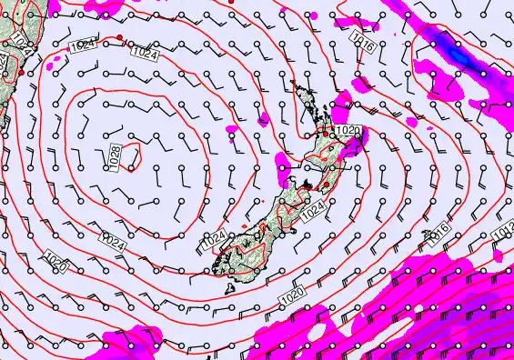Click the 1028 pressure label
(x=116, y=155)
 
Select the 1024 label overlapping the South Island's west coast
(x=215, y=239)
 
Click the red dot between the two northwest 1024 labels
(x=120, y=36)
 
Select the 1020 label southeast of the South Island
(x=292, y=296)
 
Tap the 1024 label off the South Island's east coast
(x=312, y=211)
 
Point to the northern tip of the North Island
(x=293, y=85)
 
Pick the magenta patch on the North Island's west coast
(x=283, y=164)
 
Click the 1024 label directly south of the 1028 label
(x=113, y=243)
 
